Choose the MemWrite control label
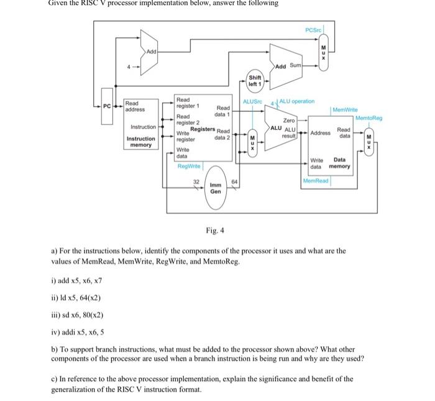pyautogui.click(x=345, y=109)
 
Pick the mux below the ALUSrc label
pyautogui.click(x=252, y=143)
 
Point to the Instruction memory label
pyautogui.click(x=141, y=142)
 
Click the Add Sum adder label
pyautogui.click(x=288, y=65)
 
